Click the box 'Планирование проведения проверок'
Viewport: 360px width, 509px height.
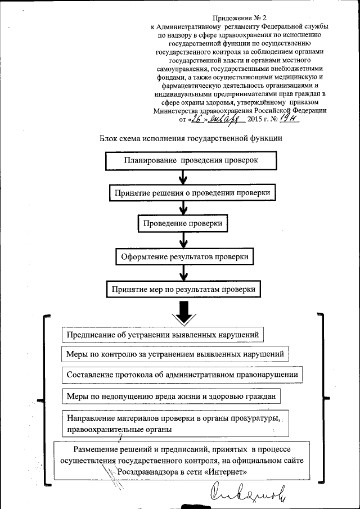(190, 160)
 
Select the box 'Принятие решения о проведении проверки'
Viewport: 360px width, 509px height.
(193, 192)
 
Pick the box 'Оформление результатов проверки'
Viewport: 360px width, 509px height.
(184, 257)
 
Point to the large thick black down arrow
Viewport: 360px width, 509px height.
(183, 313)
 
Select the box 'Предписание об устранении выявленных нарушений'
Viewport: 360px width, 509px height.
(163, 335)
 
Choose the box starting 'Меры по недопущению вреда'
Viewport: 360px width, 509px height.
(171, 396)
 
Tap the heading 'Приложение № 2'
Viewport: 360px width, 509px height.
(236, 18)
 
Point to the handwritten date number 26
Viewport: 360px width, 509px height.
(196, 119)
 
